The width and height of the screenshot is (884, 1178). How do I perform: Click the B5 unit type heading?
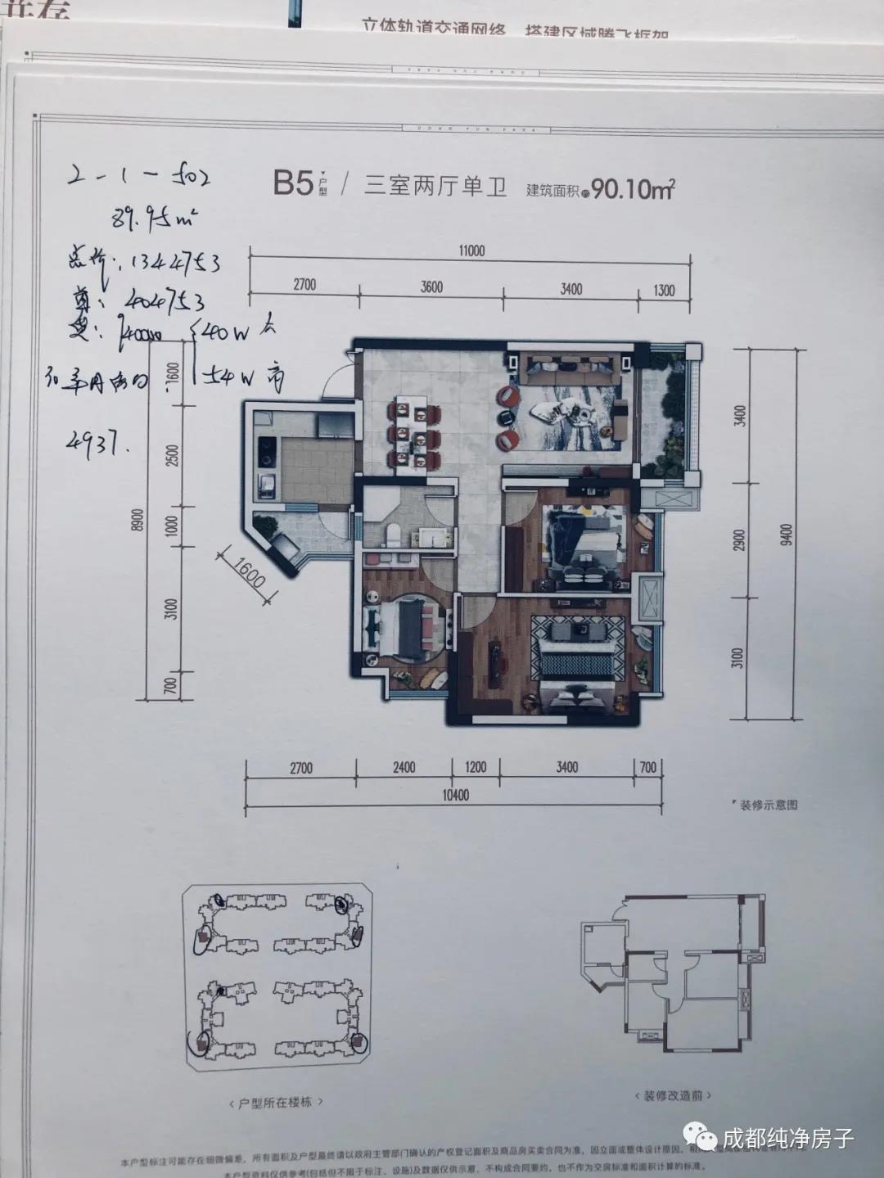click(x=293, y=183)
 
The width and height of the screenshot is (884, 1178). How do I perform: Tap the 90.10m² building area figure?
click(x=633, y=190)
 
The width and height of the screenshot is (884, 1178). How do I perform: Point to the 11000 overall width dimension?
click(x=471, y=250)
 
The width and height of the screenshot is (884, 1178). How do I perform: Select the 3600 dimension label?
click(x=431, y=287)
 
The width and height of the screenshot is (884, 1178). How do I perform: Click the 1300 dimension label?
click(x=665, y=289)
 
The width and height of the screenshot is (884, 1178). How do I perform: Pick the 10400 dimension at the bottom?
click(x=455, y=795)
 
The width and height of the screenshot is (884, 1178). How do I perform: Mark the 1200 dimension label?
click(x=476, y=767)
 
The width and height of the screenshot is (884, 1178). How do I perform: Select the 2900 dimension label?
click(x=739, y=539)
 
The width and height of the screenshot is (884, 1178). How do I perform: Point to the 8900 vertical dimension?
click(x=138, y=521)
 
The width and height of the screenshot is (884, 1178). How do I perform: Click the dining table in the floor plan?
click(x=414, y=431)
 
